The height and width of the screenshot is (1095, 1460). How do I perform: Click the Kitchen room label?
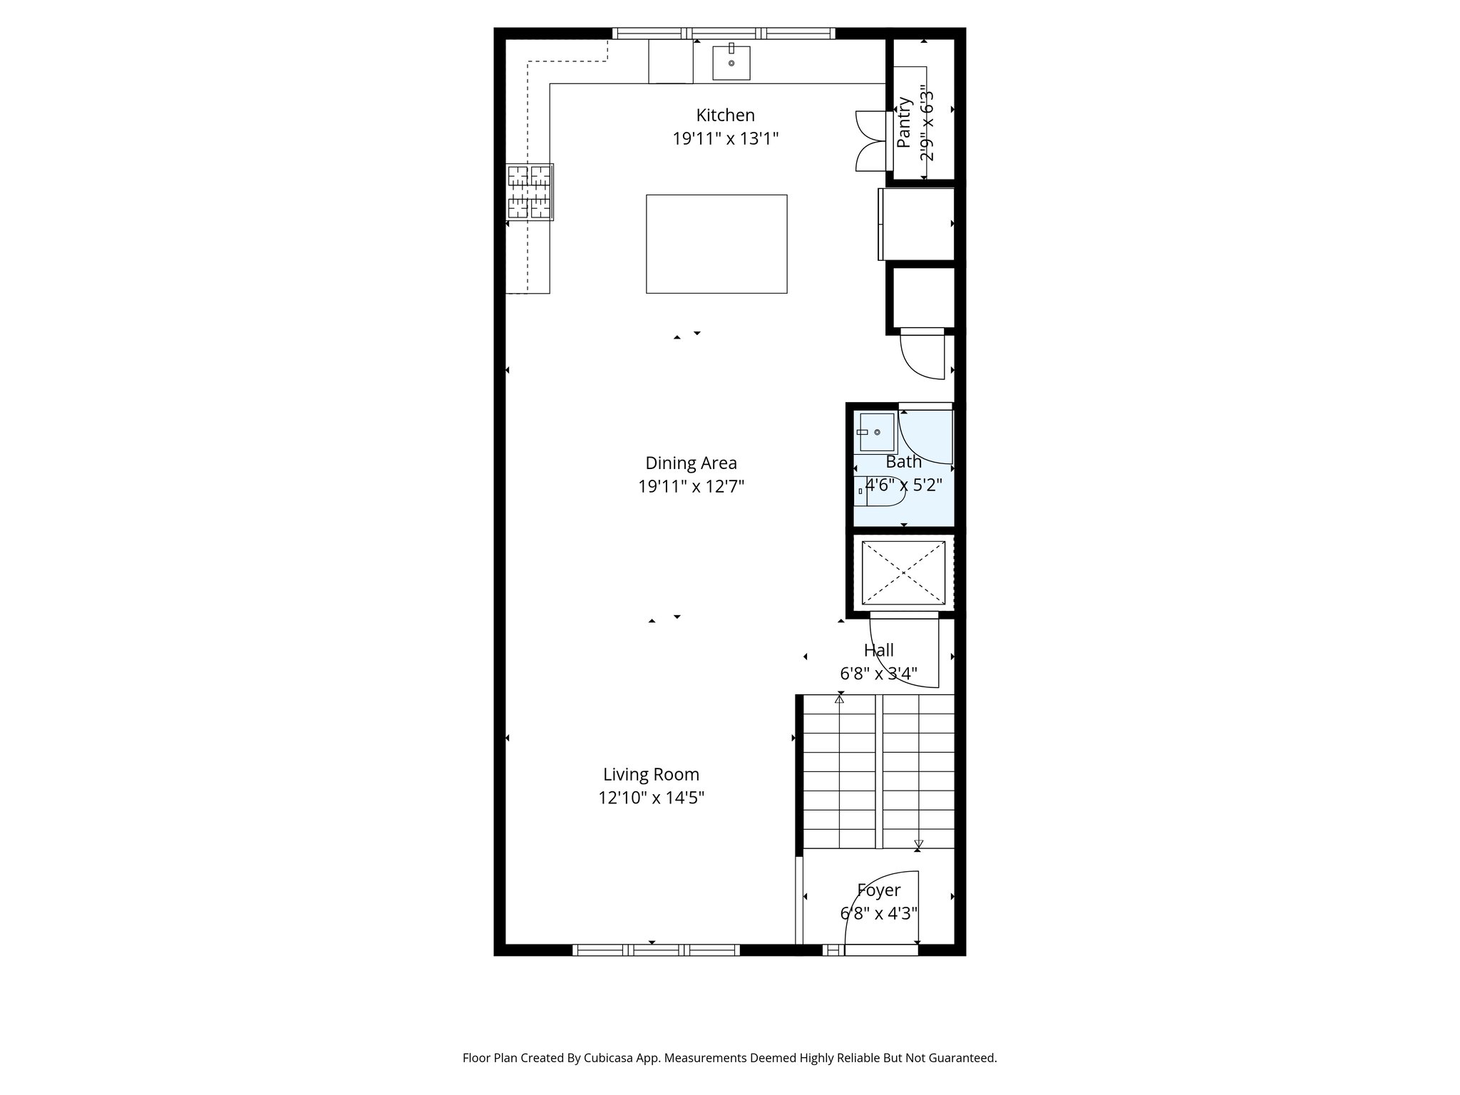[725, 115]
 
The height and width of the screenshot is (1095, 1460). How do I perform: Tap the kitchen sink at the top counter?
[731, 63]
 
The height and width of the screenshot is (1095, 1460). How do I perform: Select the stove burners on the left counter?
[530, 192]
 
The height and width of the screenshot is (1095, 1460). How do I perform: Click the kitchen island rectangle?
[716, 244]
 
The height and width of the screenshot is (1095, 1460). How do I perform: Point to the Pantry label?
[904, 122]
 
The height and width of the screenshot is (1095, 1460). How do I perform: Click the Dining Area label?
[691, 463]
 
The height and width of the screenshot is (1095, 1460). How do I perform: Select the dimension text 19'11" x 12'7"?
[691, 487]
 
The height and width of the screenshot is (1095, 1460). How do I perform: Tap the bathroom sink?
[876, 432]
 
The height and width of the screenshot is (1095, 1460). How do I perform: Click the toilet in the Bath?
[878, 491]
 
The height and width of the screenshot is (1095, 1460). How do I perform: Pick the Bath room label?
[903, 462]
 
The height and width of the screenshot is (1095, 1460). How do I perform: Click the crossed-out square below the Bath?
[903, 572]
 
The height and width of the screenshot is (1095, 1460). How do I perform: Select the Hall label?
[878, 650]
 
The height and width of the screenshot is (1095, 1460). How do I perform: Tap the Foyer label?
[878, 890]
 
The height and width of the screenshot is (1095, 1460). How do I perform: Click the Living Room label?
[651, 774]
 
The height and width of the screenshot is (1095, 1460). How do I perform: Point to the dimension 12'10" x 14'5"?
[651, 798]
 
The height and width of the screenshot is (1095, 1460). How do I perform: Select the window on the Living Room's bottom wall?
[656, 950]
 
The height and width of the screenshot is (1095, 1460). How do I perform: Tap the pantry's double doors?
[870, 141]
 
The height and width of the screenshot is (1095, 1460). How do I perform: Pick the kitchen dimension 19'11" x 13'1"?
[725, 138]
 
